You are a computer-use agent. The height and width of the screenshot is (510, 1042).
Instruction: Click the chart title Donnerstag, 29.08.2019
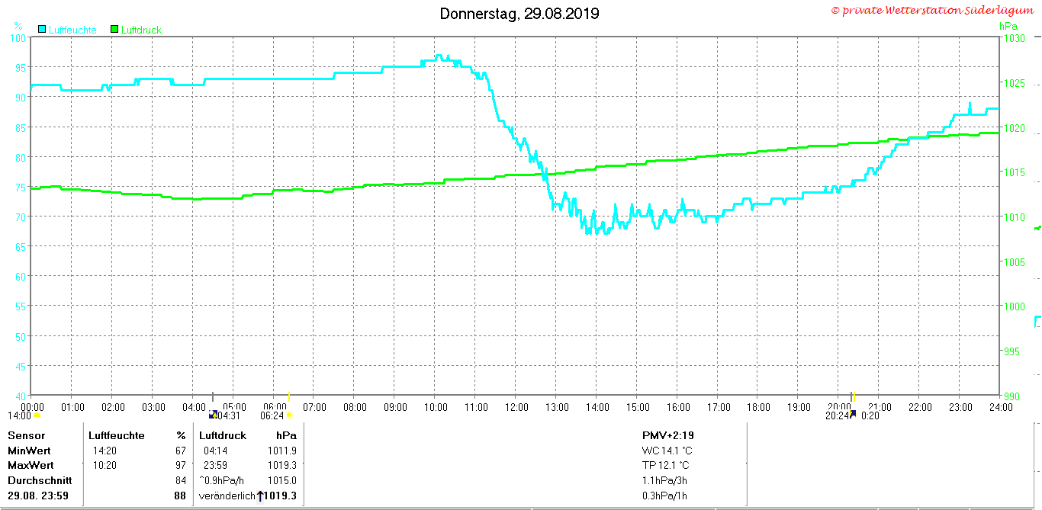[519, 14]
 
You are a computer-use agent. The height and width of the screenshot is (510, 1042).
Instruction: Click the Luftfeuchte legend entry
[67, 30]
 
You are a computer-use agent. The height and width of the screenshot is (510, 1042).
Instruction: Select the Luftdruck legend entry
[137, 30]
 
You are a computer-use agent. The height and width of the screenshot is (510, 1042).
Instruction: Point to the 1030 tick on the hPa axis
[1014, 38]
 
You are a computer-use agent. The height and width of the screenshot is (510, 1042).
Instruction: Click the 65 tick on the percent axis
[21, 247]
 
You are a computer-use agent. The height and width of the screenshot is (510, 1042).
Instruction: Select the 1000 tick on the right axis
[1014, 306]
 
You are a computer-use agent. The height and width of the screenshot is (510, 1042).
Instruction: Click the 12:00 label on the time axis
[516, 407]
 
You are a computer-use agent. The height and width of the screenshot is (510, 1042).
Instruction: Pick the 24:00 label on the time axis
[1001, 407]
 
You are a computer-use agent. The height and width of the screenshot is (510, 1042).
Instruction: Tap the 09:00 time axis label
[395, 407]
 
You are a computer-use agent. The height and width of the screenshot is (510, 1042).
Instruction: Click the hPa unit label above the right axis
[1008, 26]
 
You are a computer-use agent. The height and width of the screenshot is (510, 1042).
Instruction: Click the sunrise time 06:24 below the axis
[272, 415]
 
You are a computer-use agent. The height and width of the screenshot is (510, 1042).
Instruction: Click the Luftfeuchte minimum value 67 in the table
[181, 451]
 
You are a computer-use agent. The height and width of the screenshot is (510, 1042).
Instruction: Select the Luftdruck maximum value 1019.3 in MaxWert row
[282, 465]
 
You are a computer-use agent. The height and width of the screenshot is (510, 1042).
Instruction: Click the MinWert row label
[29, 451]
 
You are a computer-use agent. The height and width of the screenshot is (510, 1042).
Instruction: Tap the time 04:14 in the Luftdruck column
[215, 451]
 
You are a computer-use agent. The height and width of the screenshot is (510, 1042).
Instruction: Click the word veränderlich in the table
[227, 496]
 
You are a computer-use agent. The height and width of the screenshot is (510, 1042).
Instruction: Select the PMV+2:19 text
[668, 435]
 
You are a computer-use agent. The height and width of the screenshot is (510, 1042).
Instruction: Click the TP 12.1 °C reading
[666, 465]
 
